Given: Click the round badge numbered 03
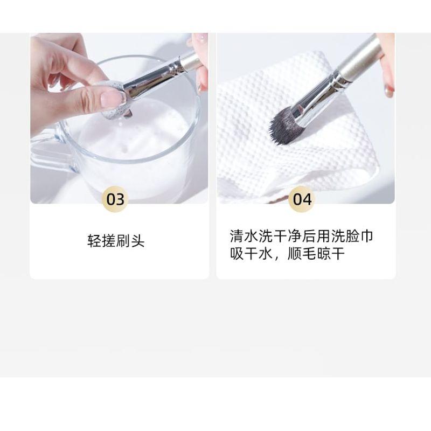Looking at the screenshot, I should [x=115, y=199].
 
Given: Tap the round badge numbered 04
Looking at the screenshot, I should [x=302, y=199].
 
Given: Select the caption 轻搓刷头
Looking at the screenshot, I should [x=116, y=241].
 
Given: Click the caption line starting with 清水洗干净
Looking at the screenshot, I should [x=301, y=236].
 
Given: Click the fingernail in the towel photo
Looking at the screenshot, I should [x=388, y=90].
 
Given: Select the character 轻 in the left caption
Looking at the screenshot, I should [x=94, y=241].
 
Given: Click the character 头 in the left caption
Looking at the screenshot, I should [x=138, y=241].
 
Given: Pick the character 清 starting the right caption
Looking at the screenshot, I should [x=236, y=236].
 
